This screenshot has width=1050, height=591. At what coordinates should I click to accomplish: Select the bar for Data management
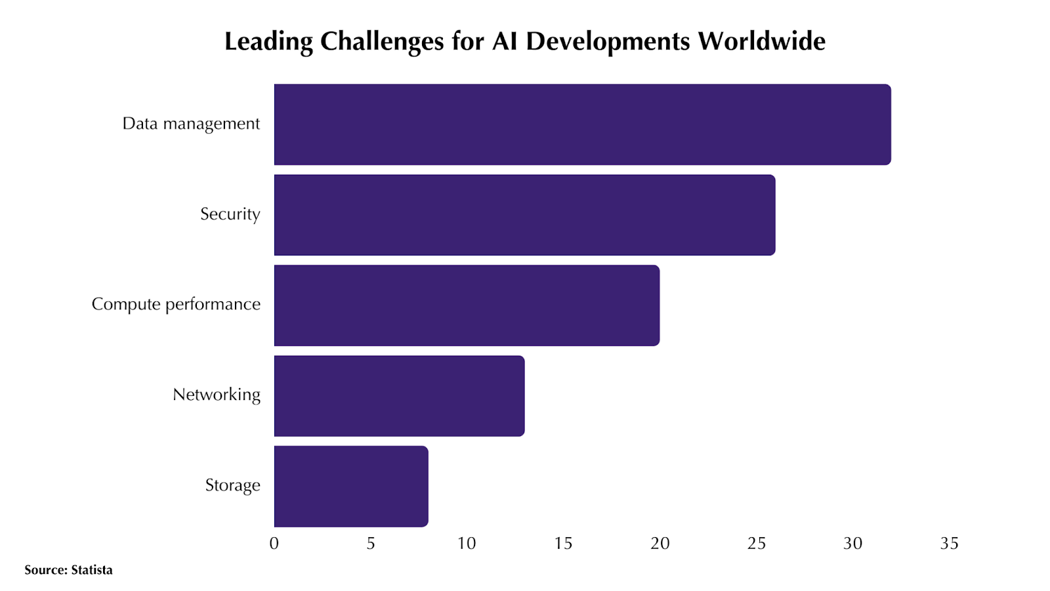[582, 124]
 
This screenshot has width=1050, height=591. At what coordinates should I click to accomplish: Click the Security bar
[524, 215]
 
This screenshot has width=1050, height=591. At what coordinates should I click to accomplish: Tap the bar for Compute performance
[467, 305]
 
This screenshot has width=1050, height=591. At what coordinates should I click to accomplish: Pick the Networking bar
[399, 396]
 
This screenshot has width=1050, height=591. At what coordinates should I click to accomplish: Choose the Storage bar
[351, 487]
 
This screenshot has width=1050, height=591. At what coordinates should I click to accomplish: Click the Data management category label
[191, 124]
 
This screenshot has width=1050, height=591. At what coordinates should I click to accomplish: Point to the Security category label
[230, 215]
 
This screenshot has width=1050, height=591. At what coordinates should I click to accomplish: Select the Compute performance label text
[176, 305]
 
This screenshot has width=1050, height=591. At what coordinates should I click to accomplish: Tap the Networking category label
[217, 395]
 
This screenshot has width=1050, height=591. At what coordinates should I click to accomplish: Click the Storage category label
[233, 486]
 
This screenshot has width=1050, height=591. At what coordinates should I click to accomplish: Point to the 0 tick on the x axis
[274, 544]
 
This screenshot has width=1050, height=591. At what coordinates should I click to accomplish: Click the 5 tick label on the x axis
[371, 544]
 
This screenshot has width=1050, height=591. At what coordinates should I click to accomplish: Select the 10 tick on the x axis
[467, 544]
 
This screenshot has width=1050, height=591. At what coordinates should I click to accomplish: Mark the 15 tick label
[563, 544]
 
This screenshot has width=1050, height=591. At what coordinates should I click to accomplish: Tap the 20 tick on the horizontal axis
[660, 544]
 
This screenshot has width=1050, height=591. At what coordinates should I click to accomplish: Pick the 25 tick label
[757, 544]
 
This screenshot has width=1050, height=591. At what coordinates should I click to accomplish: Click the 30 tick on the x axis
[853, 544]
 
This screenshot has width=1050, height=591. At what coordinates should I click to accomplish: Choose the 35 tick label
[950, 544]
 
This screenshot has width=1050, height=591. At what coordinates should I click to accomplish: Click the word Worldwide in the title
[761, 41]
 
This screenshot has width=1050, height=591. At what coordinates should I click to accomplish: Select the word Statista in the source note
[92, 570]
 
